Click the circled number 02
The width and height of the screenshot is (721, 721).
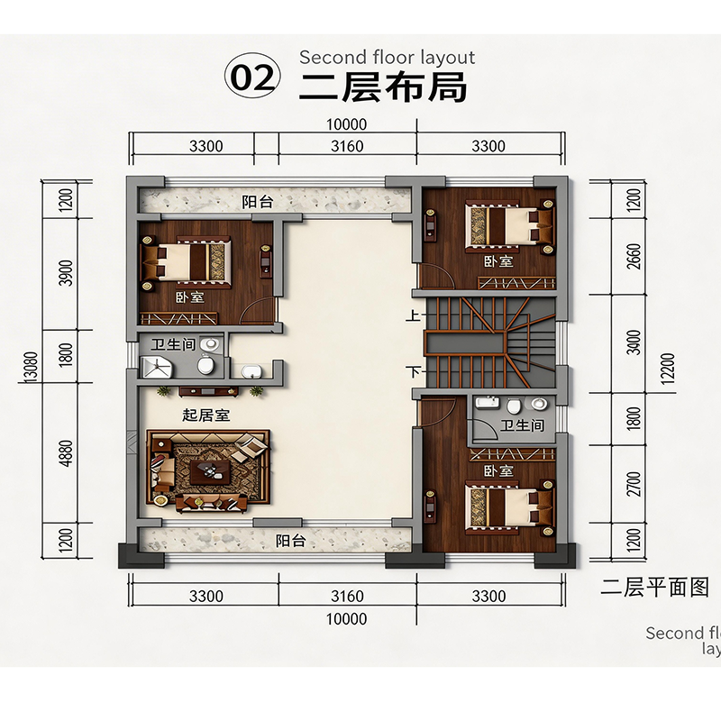click(x=252, y=77)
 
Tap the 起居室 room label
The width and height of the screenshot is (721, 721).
click(x=205, y=415)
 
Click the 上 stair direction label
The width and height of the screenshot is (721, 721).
click(x=413, y=315)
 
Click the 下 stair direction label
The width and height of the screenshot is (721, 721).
click(x=414, y=370)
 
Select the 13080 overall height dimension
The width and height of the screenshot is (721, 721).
click(x=31, y=367)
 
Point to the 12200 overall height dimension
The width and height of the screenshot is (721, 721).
click(x=669, y=368)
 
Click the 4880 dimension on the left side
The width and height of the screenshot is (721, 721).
click(x=66, y=453)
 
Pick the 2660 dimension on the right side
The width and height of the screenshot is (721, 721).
click(x=634, y=257)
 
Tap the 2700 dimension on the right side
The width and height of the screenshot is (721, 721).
click(x=634, y=484)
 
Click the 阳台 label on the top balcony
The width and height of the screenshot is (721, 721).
click(x=258, y=202)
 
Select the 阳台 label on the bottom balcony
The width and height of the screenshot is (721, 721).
click(x=290, y=540)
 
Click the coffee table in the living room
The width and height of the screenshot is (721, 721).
click(x=211, y=471)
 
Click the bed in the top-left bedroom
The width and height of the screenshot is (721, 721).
click(x=187, y=261)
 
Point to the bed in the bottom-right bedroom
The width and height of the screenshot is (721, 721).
click(x=510, y=507)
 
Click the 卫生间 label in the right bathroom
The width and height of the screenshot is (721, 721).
click(x=522, y=425)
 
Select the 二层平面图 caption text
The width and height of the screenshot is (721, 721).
click(x=654, y=588)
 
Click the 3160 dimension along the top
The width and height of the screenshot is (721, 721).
click(x=347, y=146)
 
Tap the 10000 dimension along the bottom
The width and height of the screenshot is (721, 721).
click(x=347, y=619)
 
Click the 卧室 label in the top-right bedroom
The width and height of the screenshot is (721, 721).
click(x=498, y=261)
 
